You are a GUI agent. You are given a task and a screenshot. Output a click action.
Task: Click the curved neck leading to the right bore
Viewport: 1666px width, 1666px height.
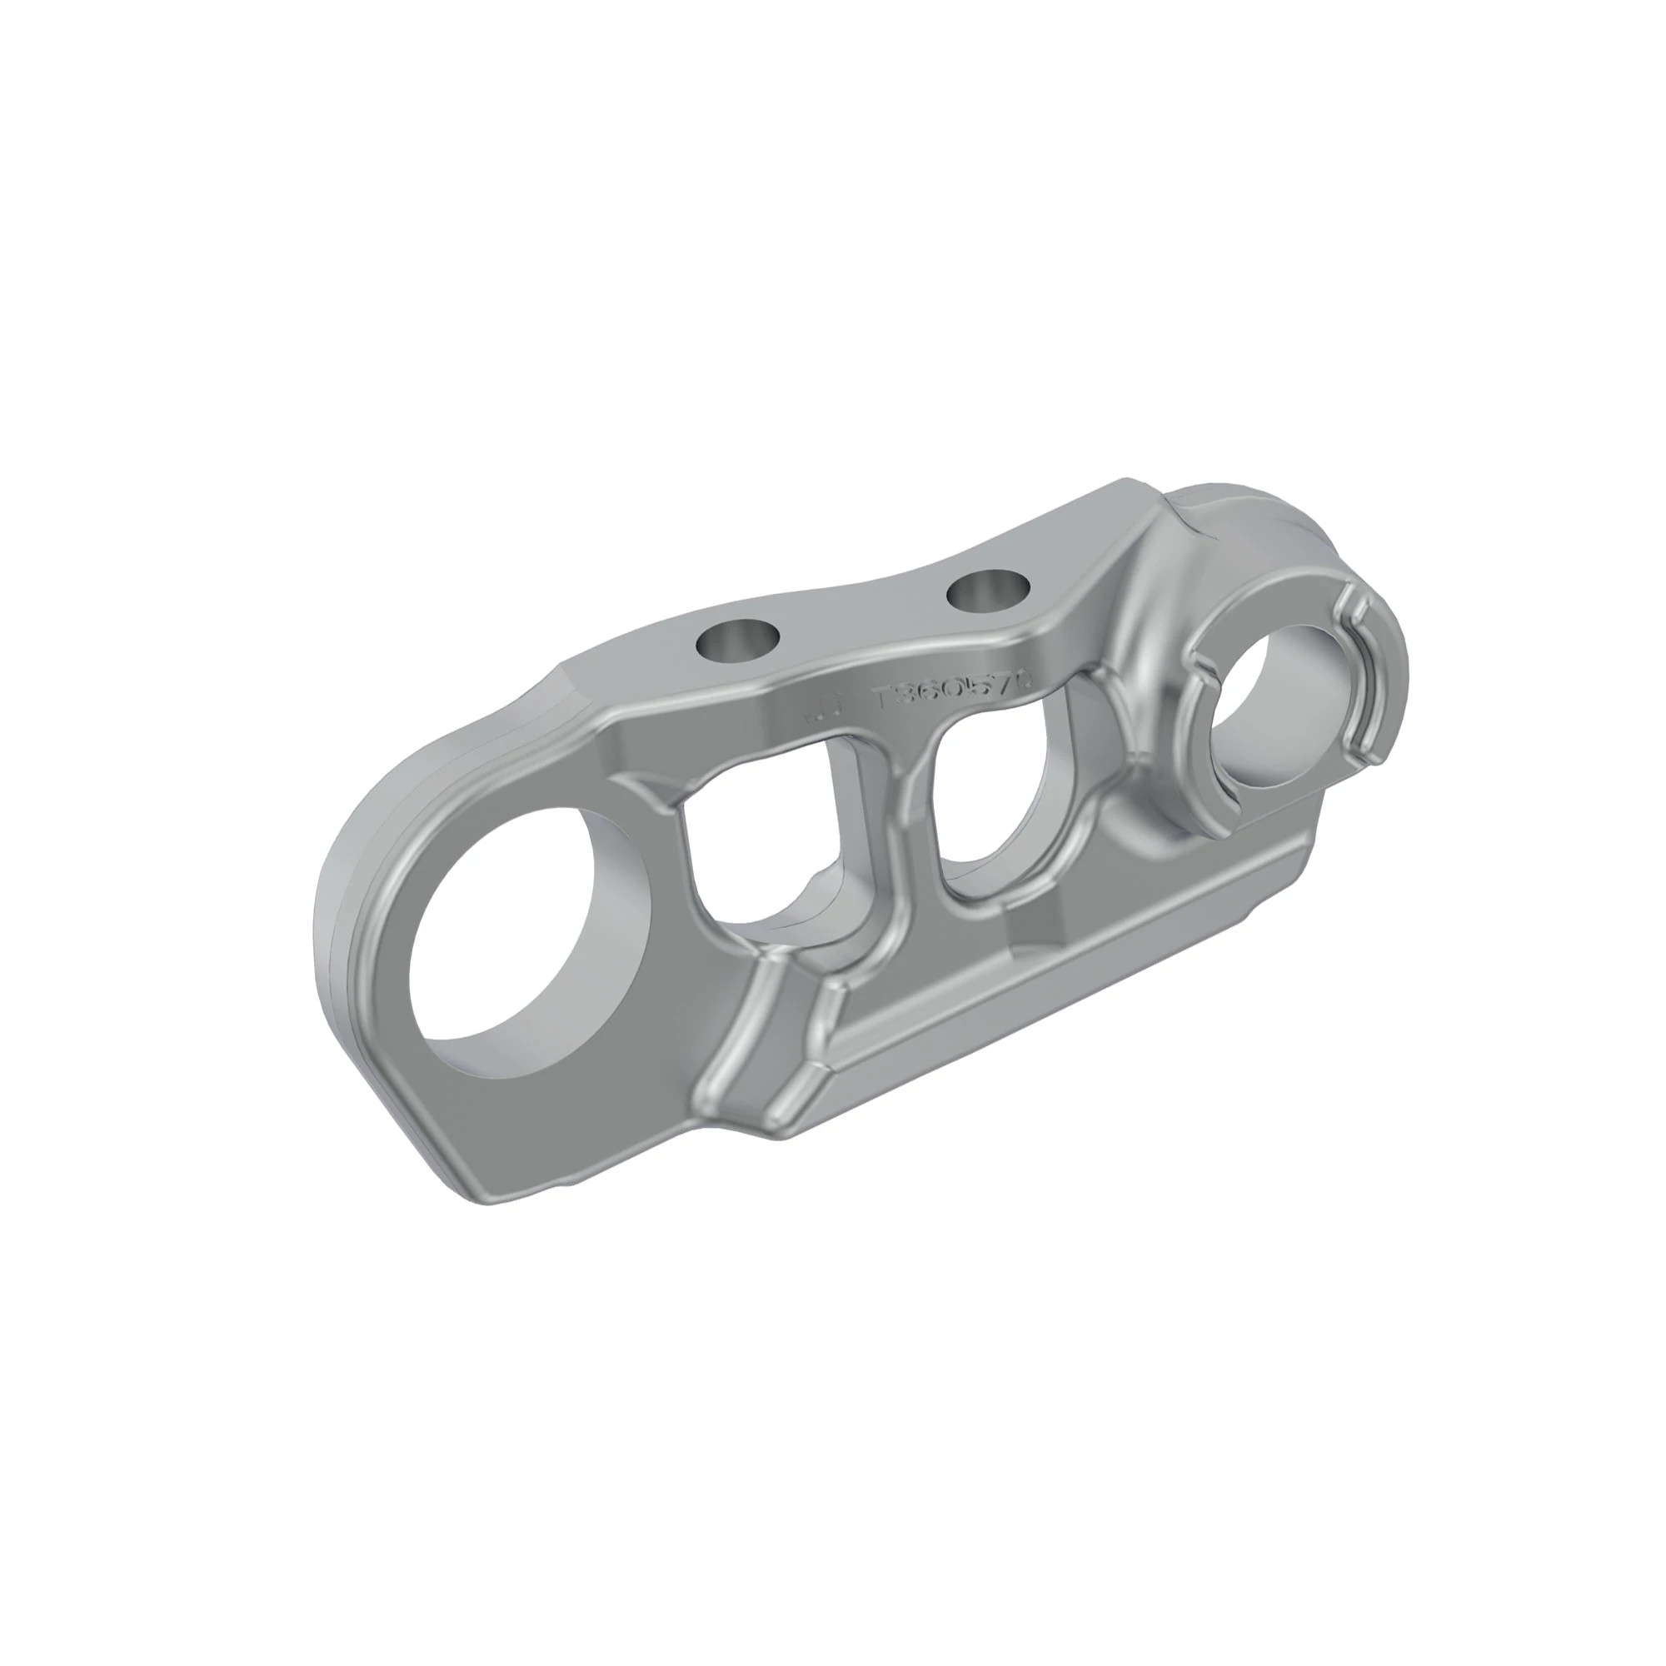1147,621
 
